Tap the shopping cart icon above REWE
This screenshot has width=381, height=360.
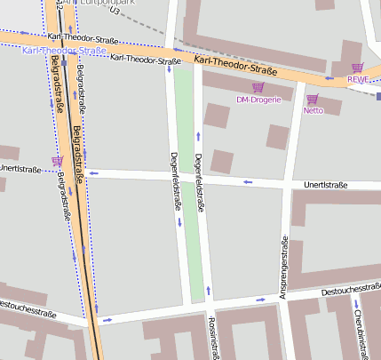(357, 68)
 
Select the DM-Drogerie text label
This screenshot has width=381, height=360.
(258, 100)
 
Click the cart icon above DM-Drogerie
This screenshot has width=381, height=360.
(258, 87)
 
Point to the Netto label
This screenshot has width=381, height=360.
(313, 111)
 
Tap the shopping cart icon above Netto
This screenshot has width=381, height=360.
(312, 99)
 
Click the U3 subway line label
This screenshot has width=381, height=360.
(113, 12)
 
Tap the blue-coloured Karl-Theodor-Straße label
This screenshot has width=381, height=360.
(64, 51)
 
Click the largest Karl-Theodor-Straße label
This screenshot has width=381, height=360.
(236, 64)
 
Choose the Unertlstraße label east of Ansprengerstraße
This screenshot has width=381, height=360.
(325, 185)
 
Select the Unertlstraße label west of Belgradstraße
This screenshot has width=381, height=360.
(23, 167)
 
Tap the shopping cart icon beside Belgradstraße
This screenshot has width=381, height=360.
(58, 161)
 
